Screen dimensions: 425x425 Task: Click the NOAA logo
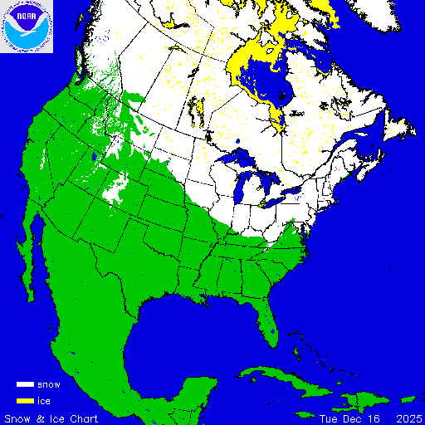click(27, 27)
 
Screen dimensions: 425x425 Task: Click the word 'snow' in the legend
click(49, 385)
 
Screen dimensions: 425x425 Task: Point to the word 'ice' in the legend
click(45, 401)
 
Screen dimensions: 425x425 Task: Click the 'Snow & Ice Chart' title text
click(51, 417)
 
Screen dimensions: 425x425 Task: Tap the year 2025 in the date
click(408, 417)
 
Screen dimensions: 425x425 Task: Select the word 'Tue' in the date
click(330, 417)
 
